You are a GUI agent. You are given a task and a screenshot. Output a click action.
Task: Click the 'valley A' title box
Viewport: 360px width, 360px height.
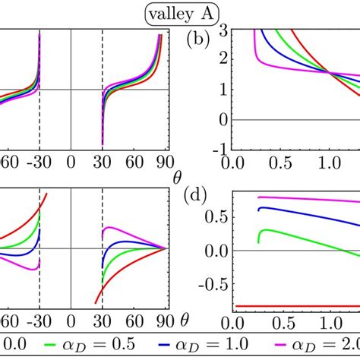(180, 11)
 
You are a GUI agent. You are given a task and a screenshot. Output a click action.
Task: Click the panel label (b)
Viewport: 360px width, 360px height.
(201, 39)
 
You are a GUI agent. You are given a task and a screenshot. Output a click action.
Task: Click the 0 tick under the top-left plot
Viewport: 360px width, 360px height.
(71, 162)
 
